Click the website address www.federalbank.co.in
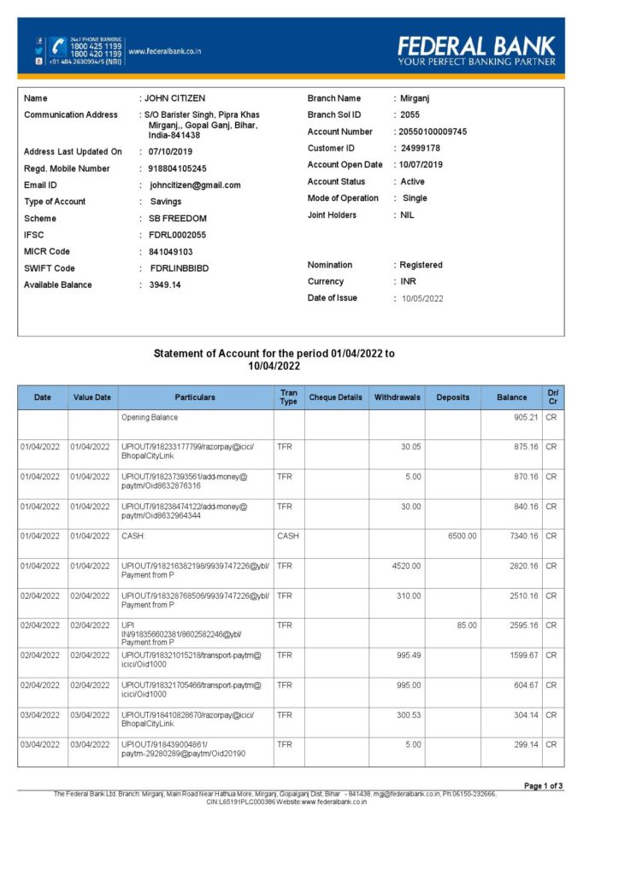[164, 51]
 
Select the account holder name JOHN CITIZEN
[174, 98]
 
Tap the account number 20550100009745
[433, 132]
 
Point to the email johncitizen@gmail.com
[195, 185]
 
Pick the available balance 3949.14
[165, 285]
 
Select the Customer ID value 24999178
[420, 148]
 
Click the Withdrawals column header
[398, 397]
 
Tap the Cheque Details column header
[336, 397]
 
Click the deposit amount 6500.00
[462, 536]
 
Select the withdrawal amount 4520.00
[406, 566]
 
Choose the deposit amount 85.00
[467, 625]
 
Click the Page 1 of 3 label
[543, 784]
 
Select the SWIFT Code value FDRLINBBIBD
[179, 268]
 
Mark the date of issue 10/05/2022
[422, 298]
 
